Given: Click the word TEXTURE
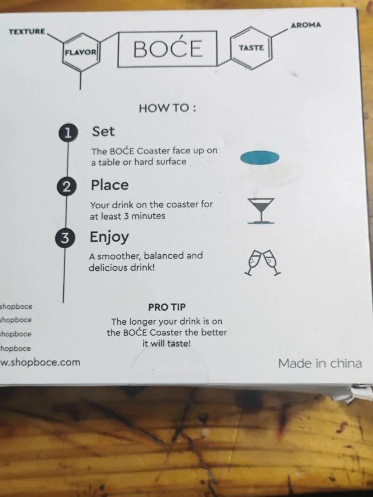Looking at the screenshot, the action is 27,32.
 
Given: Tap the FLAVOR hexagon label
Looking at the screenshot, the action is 81,53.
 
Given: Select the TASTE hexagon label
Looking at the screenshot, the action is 251,48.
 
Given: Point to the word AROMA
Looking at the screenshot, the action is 306,25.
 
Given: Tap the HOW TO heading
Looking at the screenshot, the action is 167,108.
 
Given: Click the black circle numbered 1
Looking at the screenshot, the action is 68,133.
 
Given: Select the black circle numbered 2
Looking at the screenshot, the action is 67,186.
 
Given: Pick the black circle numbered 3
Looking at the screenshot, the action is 65,238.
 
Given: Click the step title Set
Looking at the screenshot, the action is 103,131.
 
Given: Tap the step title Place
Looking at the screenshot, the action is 110,185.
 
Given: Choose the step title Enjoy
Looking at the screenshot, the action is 109,237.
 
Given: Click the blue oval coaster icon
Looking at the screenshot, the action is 260,158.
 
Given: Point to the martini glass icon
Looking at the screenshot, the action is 261,211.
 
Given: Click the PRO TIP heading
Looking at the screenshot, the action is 167,307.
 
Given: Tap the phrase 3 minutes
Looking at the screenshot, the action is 144,216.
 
